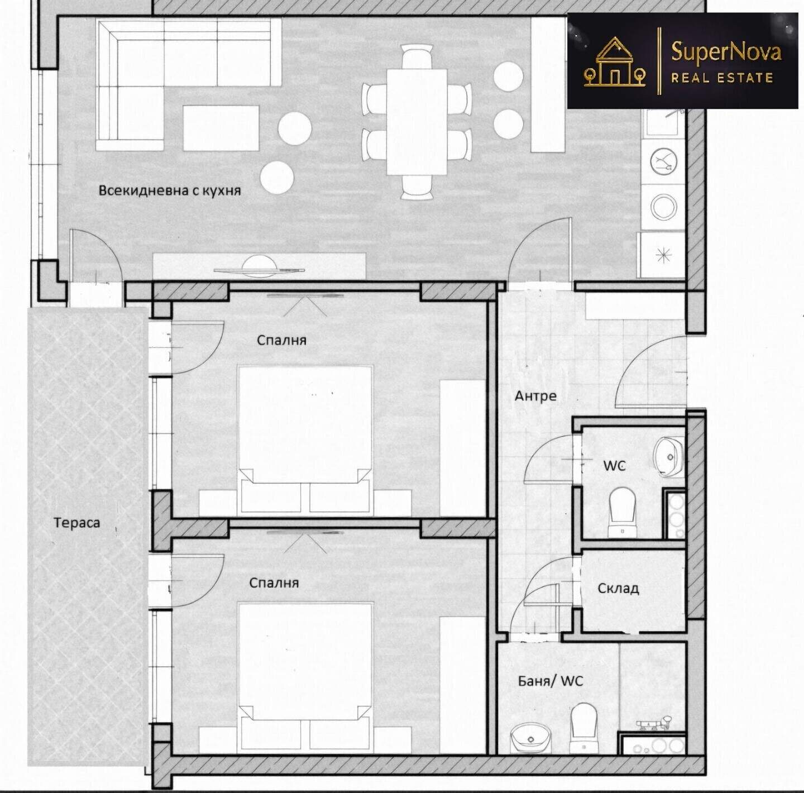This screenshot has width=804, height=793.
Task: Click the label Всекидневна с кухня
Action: click(x=169, y=191)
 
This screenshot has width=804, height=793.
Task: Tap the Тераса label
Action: click(x=76, y=523)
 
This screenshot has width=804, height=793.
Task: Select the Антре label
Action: click(x=535, y=396)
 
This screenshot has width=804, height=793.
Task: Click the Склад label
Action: click(x=618, y=588)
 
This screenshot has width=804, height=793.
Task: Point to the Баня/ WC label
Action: click(x=551, y=681)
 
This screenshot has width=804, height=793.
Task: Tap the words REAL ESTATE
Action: click(x=722, y=78)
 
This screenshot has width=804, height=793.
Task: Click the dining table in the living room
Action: click(x=417, y=121)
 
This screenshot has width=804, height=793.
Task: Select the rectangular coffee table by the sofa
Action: click(x=221, y=128)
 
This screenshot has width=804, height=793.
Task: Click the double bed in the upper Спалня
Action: click(x=305, y=440)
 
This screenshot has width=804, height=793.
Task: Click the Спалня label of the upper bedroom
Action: click(x=281, y=340)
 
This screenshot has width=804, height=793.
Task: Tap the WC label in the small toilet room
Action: click(x=615, y=466)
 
